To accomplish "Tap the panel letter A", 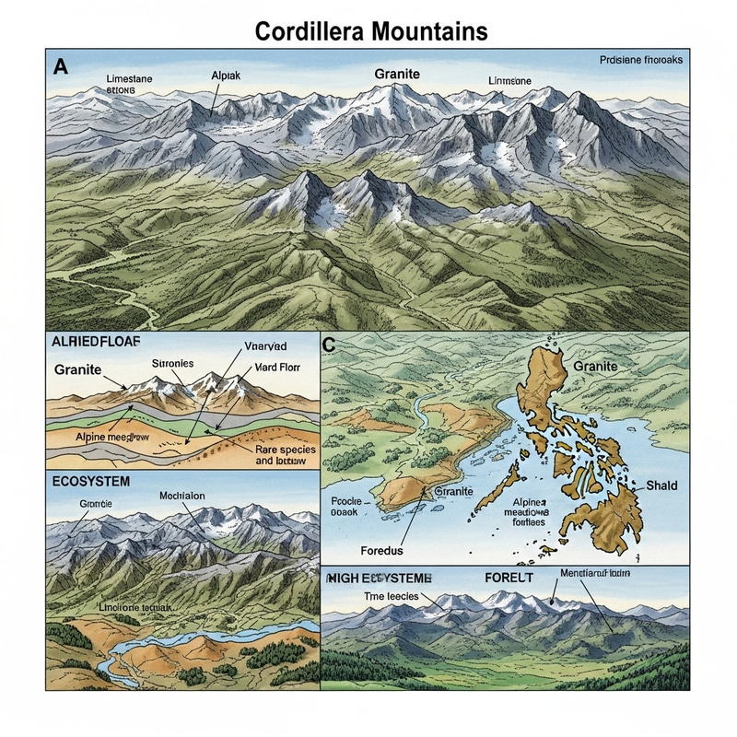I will pos(62,65).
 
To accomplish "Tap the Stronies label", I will pos(171,363).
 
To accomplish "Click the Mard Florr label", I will pos(274,367).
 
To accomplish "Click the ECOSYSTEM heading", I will pos(91,482).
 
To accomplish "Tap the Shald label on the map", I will pos(661,485).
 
